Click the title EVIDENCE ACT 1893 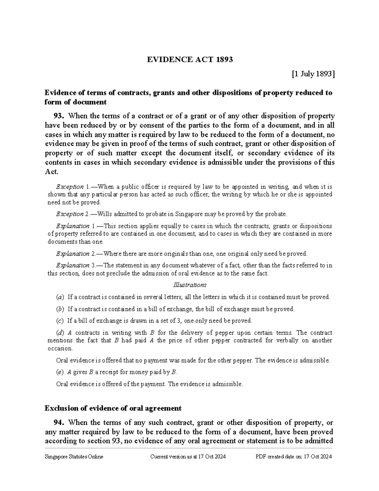[x=190, y=59]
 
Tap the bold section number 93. [x=60, y=116]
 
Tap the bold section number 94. [x=60, y=422]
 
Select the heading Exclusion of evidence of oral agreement [x=113, y=408]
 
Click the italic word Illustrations [x=190, y=285]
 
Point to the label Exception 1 [x=73, y=187]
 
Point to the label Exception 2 [x=73, y=214]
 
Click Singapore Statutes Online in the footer [x=74, y=457]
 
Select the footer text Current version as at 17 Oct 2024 [x=188, y=457]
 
